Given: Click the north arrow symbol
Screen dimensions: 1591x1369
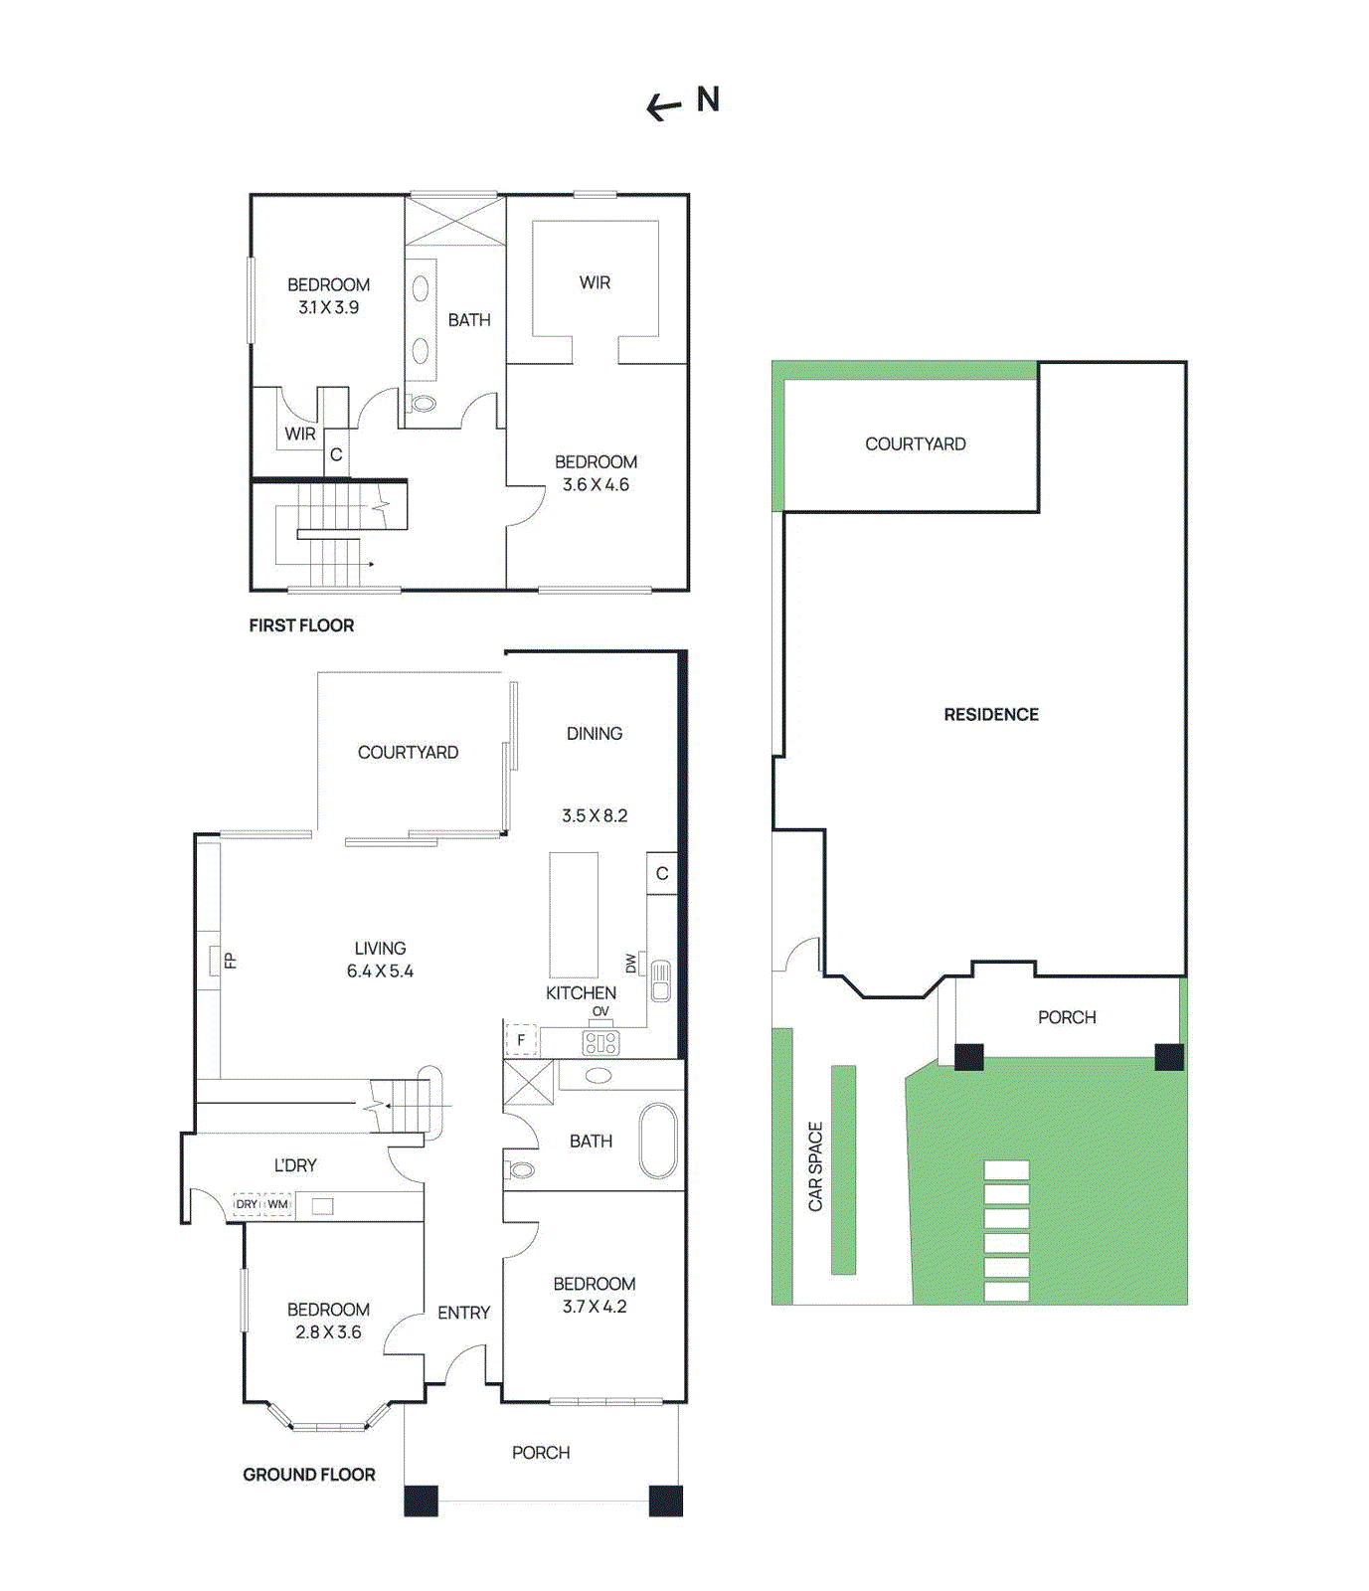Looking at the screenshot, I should (664, 106).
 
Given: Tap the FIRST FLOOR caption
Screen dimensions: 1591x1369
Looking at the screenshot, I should (301, 625).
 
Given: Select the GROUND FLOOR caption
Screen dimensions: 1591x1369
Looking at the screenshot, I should (309, 1475).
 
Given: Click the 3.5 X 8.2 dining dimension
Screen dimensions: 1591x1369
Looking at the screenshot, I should (595, 815).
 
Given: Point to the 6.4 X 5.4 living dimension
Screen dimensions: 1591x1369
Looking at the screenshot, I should (380, 972).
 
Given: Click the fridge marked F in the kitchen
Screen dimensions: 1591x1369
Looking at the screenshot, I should (521, 1040).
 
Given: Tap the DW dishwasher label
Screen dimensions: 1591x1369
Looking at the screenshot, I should (631, 963).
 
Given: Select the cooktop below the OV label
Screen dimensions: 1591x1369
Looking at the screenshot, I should (600, 1042).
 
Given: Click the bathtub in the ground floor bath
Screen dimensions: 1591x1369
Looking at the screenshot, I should (658, 1141).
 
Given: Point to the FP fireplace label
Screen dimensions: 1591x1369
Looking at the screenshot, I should (230, 961).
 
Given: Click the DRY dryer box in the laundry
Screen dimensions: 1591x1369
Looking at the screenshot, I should (247, 1204).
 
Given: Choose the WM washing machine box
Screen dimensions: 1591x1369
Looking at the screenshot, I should (277, 1204).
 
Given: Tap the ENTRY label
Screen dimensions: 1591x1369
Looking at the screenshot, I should (463, 1313).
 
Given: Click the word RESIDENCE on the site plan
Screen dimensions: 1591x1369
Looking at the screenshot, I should (991, 715).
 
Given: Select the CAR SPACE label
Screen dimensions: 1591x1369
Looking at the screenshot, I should (815, 1166).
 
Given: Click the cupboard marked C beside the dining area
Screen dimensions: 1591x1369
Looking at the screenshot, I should (662, 874).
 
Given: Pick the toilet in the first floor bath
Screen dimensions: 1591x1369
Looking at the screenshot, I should (422, 404).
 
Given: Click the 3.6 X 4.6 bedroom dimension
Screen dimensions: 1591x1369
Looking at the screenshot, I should (596, 485).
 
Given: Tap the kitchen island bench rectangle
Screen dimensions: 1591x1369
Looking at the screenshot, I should (574, 915).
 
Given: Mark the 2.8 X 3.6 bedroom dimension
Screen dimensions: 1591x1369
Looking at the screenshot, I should (328, 1332).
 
